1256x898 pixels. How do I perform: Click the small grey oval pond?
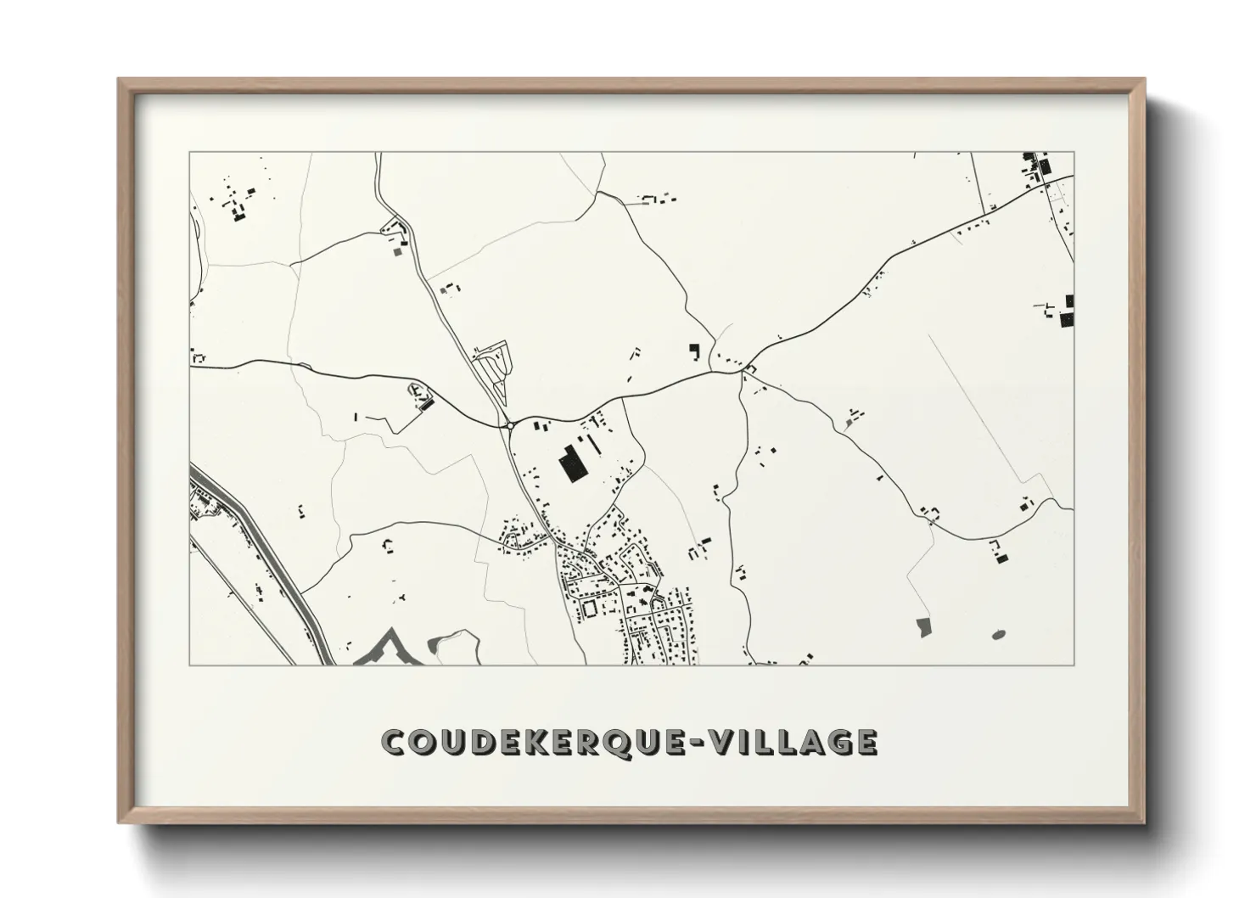click(998, 634)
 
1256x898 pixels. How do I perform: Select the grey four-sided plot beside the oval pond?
click(923, 627)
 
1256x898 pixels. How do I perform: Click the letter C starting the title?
click(394, 742)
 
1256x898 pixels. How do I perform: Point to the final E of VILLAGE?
click(866, 742)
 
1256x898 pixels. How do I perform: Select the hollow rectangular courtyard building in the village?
click(587, 608)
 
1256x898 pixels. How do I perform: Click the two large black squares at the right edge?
click(1068, 311)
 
